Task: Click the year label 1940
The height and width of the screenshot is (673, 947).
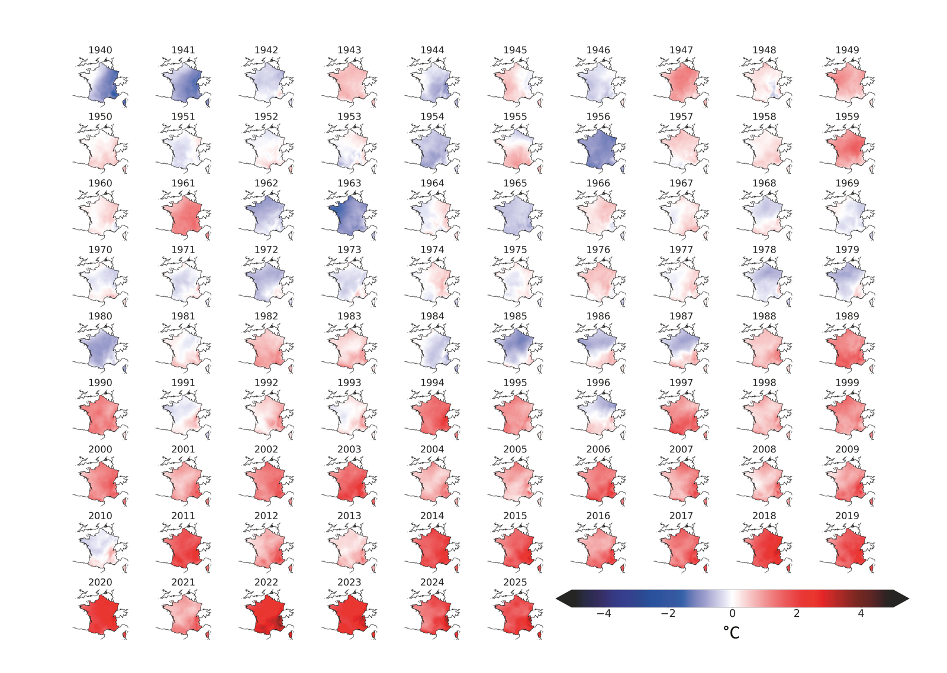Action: pyautogui.click(x=100, y=50)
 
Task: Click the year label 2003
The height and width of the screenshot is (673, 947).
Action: pyautogui.click(x=349, y=449)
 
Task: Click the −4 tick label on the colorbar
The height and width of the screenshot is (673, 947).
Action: pyautogui.click(x=604, y=614)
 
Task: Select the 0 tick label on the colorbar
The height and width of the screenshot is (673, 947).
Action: pyautogui.click(x=732, y=614)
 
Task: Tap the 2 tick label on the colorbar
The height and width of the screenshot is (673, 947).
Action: pyautogui.click(x=797, y=614)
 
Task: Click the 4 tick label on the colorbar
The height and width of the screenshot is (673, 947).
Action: pyautogui.click(x=861, y=614)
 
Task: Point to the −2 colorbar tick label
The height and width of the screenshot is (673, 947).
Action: pyautogui.click(x=668, y=614)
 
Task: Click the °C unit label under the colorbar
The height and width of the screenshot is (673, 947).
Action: pyautogui.click(x=732, y=633)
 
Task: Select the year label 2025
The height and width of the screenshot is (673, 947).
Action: pyautogui.click(x=515, y=583)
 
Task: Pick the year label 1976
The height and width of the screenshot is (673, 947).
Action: pyautogui.click(x=598, y=250)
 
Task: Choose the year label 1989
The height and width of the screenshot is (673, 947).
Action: pyautogui.click(x=847, y=316)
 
